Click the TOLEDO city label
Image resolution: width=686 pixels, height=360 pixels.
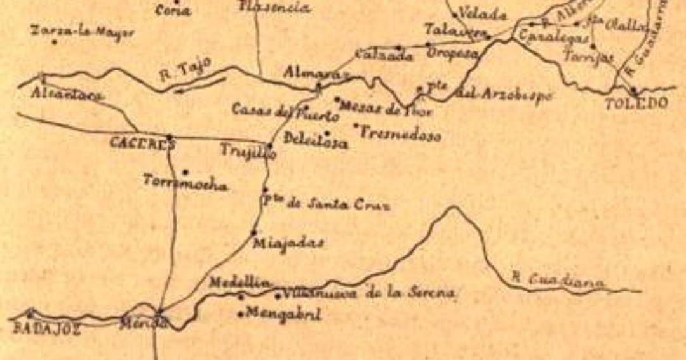click(x=636, y=103)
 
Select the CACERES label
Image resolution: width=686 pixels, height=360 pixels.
click(x=141, y=143)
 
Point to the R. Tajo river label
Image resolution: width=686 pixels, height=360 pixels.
click(x=185, y=69)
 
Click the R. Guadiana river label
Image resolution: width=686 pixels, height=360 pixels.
click(x=558, y=281)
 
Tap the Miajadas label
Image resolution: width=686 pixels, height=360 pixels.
click(x=288, y=243)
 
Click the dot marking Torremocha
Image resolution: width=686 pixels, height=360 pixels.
click(x=185, y=171)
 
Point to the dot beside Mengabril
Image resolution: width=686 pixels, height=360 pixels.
click(x=240, y=314)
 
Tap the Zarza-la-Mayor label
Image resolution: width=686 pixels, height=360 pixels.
click(x=83, y=32)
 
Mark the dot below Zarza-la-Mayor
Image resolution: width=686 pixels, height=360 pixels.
click(x=55, y=43)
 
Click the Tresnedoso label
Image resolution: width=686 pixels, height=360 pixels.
click(x=401, y=134)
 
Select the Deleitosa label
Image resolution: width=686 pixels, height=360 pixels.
click(x=316, y=141)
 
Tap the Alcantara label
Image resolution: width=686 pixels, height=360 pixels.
click(x=67, y=95)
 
